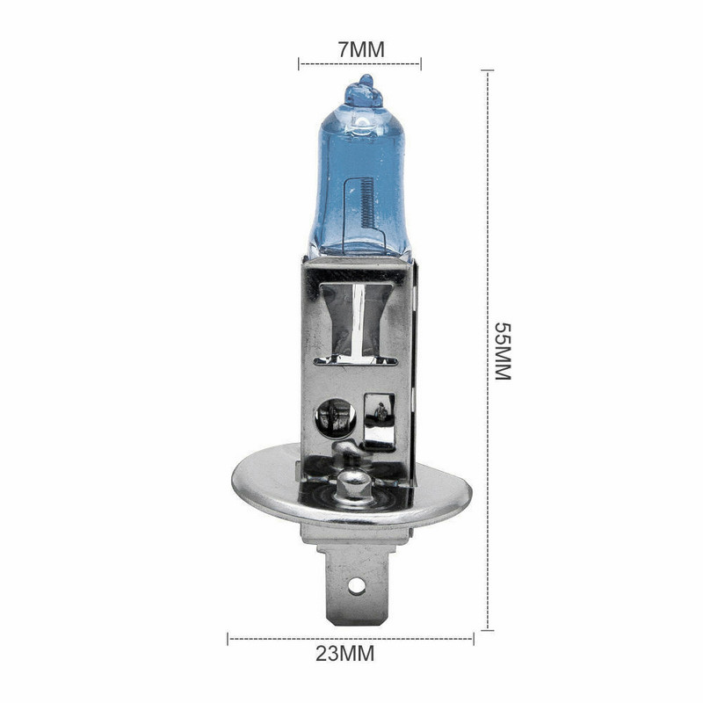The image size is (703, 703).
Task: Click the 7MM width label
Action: [x=361, y=49]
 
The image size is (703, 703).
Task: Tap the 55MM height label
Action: [x=501, y=351]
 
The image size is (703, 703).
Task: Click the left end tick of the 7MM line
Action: [x=300, y=63]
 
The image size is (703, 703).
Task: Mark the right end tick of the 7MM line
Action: [x=421, y=63]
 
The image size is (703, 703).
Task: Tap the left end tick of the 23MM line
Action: [x=228, y=637]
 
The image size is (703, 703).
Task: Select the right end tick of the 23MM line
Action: [x=473, y=637]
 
